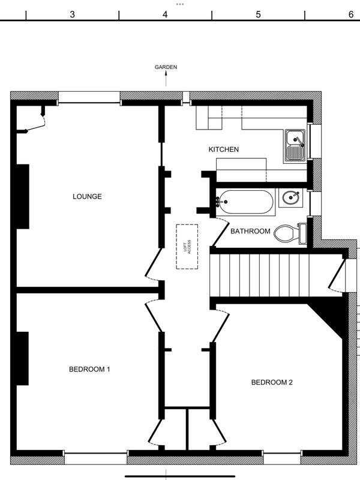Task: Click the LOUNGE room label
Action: click(x=87, y=197)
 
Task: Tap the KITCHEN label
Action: click(x=223, y=149)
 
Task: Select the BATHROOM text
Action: click(x=250, y=231)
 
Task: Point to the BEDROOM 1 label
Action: click(x=89, y=369)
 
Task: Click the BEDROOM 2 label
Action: click(x=272, y=382)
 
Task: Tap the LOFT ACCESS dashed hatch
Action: click(x=187, y=247)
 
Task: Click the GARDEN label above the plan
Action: click(x=166, y=67)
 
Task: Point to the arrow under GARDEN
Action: click(x=166, y=79)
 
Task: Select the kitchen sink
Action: click(x=295, y=146)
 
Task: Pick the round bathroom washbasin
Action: click(x=291, y=198)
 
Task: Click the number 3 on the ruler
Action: click(x=72, y=14)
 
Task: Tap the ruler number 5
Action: click(x=259, y=14)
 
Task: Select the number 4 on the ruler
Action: click(x=166, y=14)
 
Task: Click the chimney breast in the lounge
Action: click(x=23, y=197)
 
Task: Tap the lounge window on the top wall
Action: click(x=89, y=97)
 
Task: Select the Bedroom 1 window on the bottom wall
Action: click(x=95, y=458)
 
